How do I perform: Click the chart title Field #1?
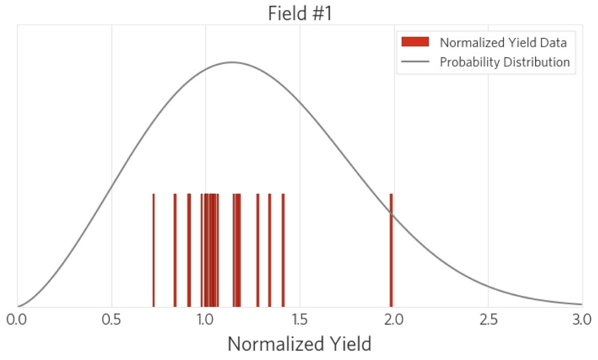pos(300,13)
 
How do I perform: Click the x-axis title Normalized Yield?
pos(300,344)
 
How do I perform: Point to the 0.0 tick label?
pos(17,321)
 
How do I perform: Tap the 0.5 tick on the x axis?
pos(111,321)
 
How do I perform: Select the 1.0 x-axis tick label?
pos(205,321)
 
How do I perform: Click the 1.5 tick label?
pos(300,321)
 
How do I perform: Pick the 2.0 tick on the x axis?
pos(394,321)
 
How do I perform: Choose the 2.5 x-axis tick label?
pos(488,321)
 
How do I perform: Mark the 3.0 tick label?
pos(581,321)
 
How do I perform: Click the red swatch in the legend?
pos(415,42)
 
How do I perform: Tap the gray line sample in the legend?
pos(415,62)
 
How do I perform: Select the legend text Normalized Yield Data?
pos(503,42)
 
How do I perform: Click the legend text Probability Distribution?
pos(504,62)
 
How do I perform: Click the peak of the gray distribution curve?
pos(232,62)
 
